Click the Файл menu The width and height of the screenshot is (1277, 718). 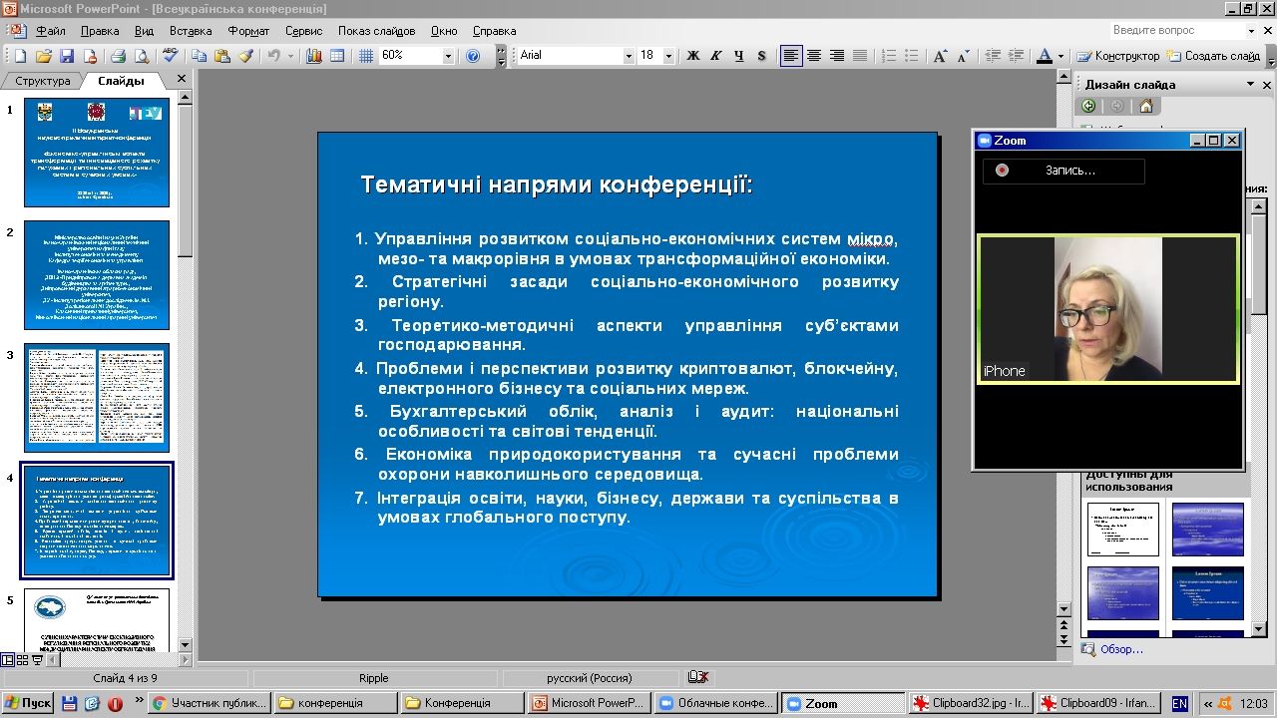click(x=50, y=31)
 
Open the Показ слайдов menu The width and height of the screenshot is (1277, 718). click(x=376, y=31)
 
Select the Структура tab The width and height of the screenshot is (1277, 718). click(x=43, y=81)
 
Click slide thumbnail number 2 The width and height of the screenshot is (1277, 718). click(x=97, y=275)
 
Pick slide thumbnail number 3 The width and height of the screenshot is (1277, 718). click(x=97, y=398)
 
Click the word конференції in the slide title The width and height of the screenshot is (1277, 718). click(x=687, y=184)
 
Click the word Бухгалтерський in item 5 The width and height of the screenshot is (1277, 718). click(x=459, y=411)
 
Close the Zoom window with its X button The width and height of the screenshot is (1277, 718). click(x=1232, y=141)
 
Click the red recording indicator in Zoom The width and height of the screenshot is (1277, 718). click(x=1002, y=171)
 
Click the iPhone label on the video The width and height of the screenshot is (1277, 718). click(x=1004, y=371)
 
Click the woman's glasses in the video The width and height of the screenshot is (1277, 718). click(x=1087, y=316)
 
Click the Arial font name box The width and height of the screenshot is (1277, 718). click(x=570, y=56)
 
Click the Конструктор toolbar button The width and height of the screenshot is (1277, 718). click(x=1119, y=56)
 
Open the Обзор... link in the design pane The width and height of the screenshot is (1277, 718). click(x=1120, y=649)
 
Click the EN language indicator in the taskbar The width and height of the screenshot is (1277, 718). click(x=1179, y=703)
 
